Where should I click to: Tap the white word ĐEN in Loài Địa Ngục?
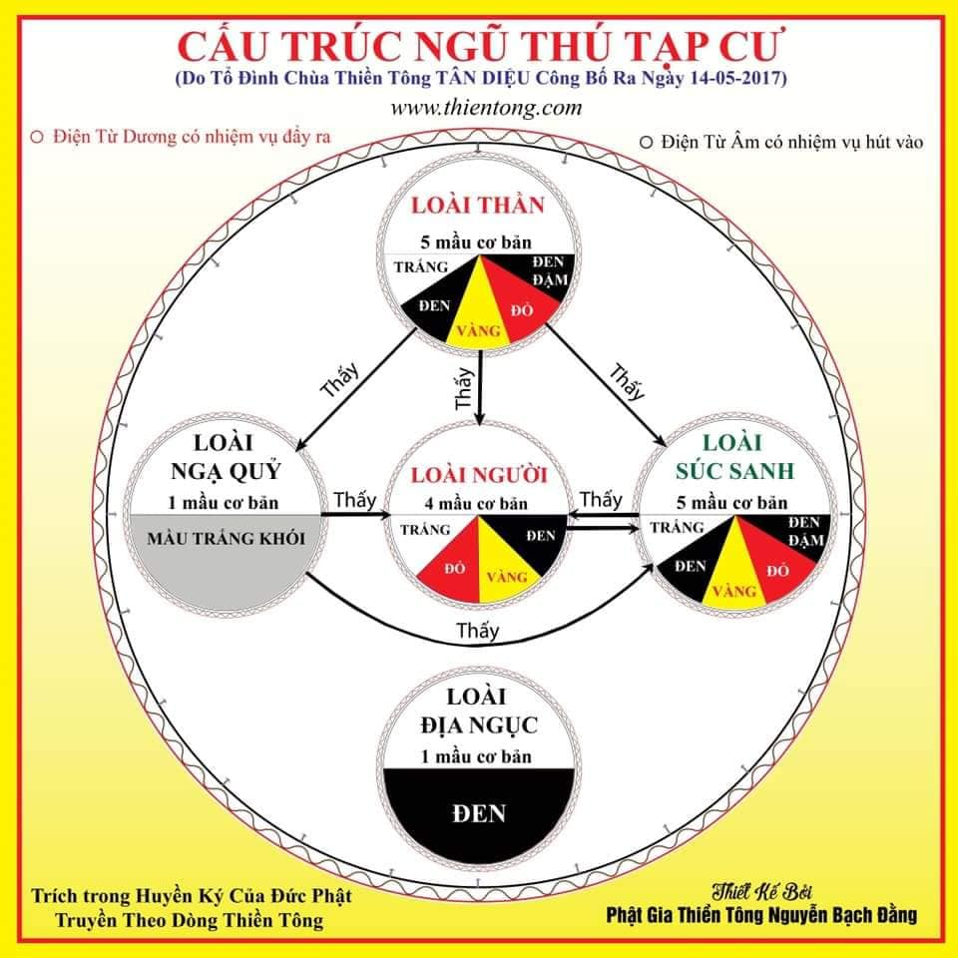click(479, 813)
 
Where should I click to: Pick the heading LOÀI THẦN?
click(479, 208)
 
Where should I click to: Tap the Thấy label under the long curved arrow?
click(477, 631)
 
